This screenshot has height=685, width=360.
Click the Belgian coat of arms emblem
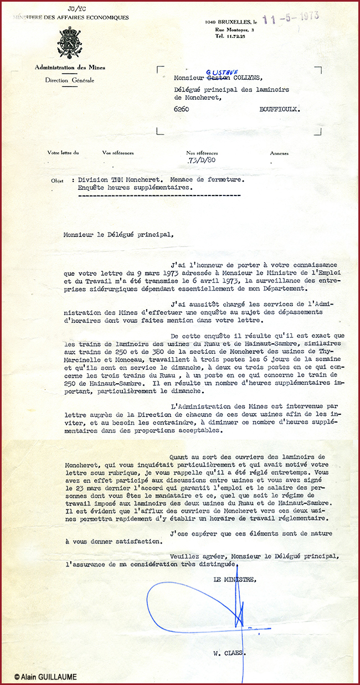click(70, 40)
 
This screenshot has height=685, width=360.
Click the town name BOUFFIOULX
click(280, 110)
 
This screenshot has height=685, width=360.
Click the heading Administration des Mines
click(70, 68)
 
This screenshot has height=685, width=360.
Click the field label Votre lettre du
click(63, 153)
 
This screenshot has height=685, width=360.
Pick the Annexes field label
click(279, 153)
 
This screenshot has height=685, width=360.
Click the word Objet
click(57, 181)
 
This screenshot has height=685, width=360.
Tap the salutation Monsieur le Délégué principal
click(117, 234)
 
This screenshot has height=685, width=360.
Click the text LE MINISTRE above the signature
click(235, 579)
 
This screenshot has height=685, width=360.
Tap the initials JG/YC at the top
click(73, 9)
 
